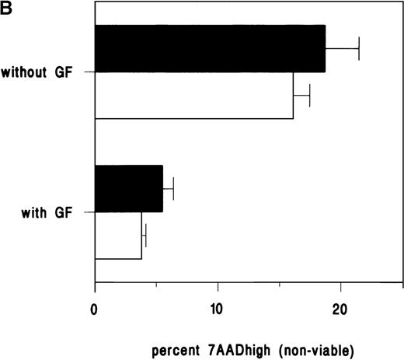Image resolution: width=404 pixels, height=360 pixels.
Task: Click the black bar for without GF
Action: (210, 48)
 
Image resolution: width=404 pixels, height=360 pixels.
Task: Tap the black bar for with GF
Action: (129, 188)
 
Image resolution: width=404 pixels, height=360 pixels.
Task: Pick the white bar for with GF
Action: (118, 236)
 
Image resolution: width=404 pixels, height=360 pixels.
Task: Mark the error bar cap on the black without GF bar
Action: (359, 48)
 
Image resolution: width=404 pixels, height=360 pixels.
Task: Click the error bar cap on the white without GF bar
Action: (310, 96)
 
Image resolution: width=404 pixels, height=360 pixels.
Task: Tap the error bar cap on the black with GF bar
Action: (173, 188)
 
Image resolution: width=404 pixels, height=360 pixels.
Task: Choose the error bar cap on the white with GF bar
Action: (145, 236)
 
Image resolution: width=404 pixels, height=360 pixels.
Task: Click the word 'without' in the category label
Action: (35, 72)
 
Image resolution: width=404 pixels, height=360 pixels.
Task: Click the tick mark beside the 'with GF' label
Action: (89, 211)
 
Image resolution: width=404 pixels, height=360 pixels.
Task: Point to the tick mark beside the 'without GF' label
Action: (89, 72)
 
